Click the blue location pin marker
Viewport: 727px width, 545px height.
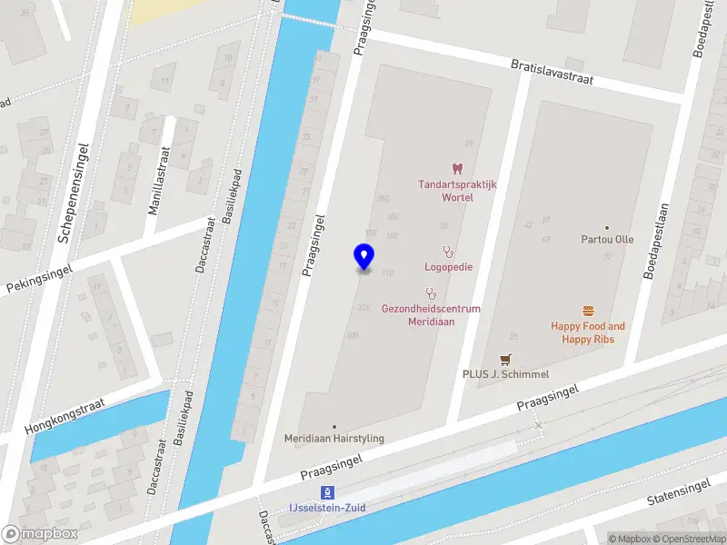click(363, 256)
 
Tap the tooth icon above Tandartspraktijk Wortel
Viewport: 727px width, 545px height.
click(457, 168)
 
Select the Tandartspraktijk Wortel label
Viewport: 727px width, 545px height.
click(457, 190)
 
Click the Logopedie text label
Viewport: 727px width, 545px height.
click(448, 267)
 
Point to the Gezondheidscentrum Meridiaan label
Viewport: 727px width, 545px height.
click(431, 314)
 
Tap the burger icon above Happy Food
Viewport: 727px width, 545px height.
click(588, 311)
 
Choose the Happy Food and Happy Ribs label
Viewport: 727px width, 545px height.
click(588, 332)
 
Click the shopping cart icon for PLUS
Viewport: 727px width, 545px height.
click(504, 360)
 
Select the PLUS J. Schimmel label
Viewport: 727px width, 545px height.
click(505, 374)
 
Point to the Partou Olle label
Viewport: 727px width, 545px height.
click(607, 240)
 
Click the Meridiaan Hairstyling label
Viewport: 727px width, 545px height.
click(334, 438)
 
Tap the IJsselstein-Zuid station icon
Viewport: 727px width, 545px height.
click(324, 492)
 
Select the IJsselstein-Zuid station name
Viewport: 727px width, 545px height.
click(328, 508)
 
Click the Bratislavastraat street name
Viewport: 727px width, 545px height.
click(552, 73)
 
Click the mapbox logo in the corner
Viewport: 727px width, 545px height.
click(40, 534)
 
